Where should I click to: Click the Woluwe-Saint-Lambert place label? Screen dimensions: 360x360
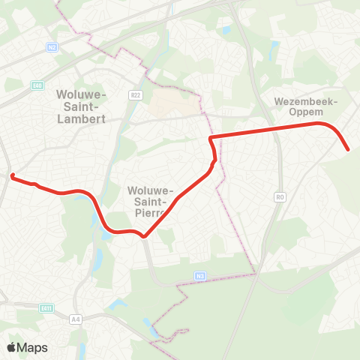(x=82, y=106)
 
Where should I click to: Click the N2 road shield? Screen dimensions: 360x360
(x=52, y=46)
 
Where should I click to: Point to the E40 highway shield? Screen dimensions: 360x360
(x=37, y=85)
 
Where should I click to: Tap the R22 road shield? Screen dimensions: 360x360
(x=136, y=95)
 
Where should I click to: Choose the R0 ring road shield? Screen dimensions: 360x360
(x=280, y=197)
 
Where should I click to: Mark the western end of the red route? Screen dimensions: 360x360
(x=12, y=176)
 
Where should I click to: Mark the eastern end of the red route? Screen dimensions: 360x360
(x=349, y=150)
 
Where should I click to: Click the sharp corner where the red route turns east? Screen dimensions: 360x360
(x=210, y=138)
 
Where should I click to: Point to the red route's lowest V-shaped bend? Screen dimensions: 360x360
(x=145, y=238)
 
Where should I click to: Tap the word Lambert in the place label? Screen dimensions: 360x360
(x=82, y=118)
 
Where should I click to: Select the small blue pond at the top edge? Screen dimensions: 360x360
(x=227, y=31)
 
